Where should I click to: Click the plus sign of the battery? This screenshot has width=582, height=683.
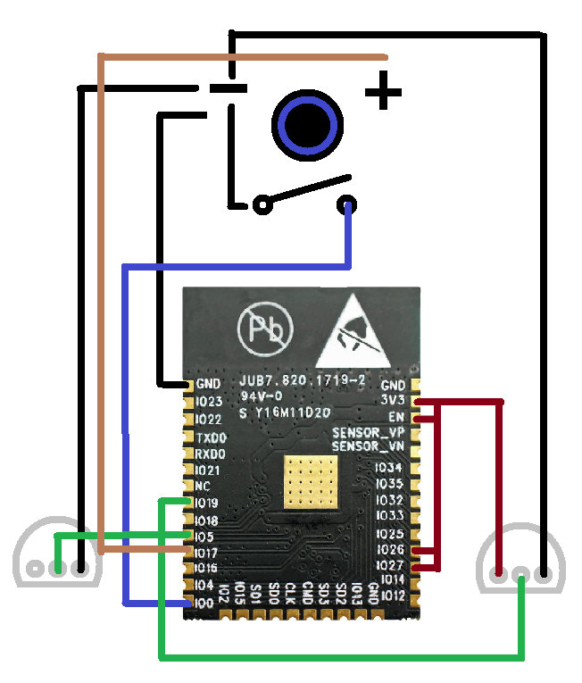384,92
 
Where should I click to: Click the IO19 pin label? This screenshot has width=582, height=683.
207,503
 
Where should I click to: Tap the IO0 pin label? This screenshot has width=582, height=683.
205,603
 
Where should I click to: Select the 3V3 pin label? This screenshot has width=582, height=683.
393,401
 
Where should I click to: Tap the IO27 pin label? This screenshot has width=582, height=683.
391,564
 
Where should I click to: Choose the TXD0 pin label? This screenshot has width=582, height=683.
211,437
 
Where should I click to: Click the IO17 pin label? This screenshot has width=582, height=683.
207,553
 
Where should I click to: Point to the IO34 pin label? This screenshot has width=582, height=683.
389,468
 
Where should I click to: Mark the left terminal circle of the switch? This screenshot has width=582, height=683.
262,205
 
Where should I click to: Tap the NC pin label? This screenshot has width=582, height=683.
203,487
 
